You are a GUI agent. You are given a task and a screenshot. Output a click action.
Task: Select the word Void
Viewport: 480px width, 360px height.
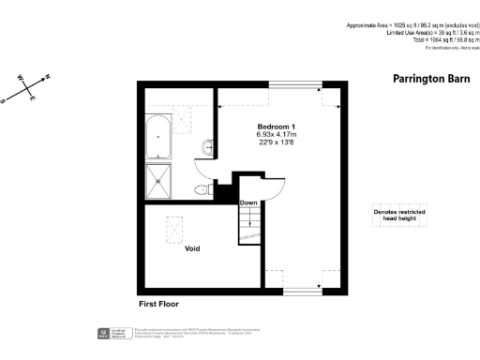tap(191, 248)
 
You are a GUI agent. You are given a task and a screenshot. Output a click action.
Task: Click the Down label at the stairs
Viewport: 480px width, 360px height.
tap(248, 203)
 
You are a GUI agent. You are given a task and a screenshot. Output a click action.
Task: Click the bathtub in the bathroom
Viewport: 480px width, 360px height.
tap(158, 136)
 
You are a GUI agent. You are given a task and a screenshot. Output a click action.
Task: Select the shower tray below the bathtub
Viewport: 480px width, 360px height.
tap(158, 180)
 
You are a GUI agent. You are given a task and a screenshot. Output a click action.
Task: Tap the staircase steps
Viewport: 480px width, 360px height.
tap(248, 225)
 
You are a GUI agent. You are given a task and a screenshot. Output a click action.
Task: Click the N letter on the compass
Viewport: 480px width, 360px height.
tap(48, 79)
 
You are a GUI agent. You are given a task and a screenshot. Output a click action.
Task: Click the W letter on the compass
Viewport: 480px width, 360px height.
tap(20, 77)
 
